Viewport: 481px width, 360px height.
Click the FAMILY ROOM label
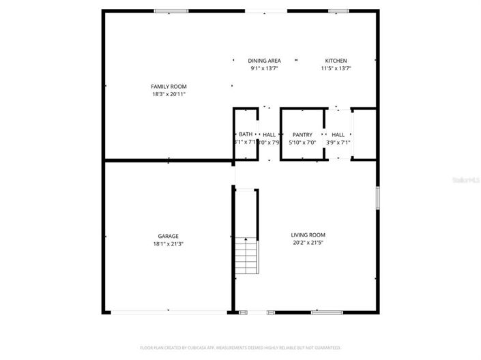[169, 87]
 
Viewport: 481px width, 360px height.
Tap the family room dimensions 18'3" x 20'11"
[169, 94]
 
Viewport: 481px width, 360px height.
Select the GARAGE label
[169, 236]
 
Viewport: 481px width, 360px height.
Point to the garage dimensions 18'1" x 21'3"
[169, 243]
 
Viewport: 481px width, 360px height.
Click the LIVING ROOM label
[308, 235]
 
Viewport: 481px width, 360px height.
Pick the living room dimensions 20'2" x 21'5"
[308, 242]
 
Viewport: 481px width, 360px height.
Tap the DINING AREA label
[264, 61]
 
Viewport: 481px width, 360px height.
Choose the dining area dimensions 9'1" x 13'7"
[264, 68]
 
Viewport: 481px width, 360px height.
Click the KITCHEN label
[336, 61]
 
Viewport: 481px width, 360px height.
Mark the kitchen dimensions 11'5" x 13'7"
[336, 68]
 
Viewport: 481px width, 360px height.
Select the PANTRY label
[302, 134]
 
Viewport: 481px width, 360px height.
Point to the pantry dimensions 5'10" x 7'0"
[302, 142]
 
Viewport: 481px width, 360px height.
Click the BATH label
[246, 134]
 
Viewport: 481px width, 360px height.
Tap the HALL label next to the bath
[269, 134]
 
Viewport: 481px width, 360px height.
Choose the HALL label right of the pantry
[338, 134]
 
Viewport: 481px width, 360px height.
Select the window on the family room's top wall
[171, 11]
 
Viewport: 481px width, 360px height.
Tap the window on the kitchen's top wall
[338, 11]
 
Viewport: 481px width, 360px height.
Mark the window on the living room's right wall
[377, 198]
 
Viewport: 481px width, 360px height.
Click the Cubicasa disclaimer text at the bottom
[240, 348]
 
